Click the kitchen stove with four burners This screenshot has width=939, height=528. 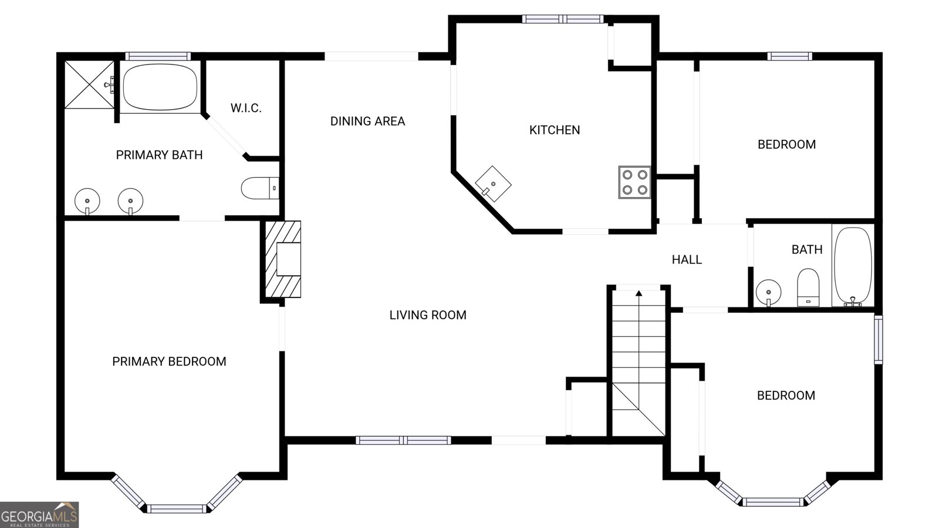coord(634,182)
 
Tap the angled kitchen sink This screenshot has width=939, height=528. coord(492,184)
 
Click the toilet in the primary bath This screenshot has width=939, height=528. coord(259,188)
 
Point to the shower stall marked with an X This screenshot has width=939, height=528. coord(89,84)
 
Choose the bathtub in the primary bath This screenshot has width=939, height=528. coord(160,87)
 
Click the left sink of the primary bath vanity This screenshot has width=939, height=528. coord(87,201)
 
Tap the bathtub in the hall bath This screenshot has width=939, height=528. coord(853,266)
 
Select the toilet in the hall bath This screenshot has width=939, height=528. coord(808,287)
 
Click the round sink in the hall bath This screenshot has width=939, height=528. coord(768,292)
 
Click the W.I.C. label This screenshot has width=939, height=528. coord(246,108)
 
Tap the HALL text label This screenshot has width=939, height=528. coord(687,259)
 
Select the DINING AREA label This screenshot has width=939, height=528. coord(367,121)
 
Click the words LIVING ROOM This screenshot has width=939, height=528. coord(428,315)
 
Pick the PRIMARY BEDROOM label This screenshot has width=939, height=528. coord(169,361)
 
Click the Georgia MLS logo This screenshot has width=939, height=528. coord(39,515)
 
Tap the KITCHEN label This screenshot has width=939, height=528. coord(555,130)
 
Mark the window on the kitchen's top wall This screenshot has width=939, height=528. coord(563,19)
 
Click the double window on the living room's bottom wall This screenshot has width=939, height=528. coord(403,440)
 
